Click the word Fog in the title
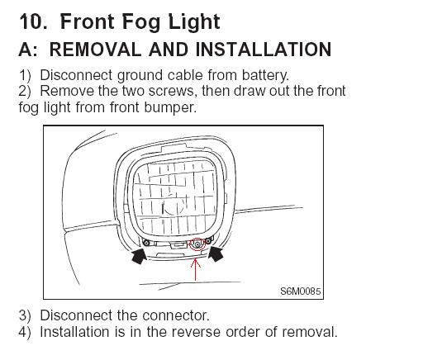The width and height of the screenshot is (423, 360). [141, 22]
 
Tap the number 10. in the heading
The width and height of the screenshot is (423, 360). [33, 21]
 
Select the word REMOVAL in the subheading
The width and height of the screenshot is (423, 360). [95, 50]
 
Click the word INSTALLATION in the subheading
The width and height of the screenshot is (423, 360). [264, 50]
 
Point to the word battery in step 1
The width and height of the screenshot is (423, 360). [265, 75]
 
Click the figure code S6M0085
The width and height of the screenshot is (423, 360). [301, 291]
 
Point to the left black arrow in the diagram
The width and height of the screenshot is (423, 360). [139, 255]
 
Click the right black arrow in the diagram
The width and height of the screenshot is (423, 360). [216, 253]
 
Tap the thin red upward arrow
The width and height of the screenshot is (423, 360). [195, 269]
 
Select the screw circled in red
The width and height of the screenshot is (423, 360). [197, 244]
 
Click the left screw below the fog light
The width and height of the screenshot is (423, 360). [146, 243]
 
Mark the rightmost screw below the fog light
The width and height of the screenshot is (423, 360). [208, 241]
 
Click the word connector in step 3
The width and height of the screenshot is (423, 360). [176, 315]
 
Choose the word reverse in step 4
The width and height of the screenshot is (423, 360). [196, 332]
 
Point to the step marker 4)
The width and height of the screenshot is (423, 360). [25, 332]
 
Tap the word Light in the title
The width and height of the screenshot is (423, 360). [194, 22]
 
